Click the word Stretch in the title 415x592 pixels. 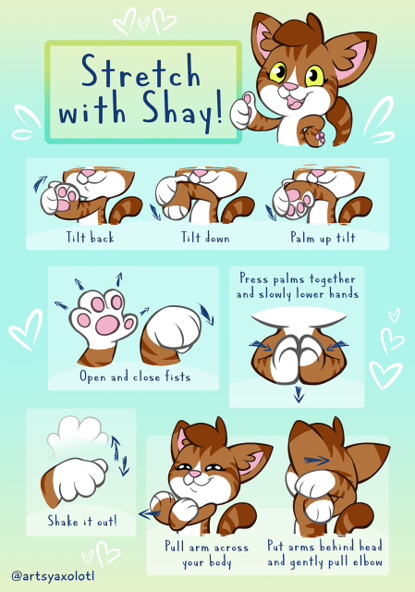coord(140,70)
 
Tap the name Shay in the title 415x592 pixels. coord(177,110)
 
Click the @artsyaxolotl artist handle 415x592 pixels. coord(53,575)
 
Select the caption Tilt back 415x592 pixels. coord(90,238)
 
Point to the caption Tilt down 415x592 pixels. coord(205,238)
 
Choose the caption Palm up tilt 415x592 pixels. coord(323,238)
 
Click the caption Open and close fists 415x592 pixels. coord(135,376)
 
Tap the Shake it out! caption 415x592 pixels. coord(82,521)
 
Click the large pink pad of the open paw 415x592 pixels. coord(107,325)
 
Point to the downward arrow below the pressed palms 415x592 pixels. coord(299,394)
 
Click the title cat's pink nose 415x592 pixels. coord(289,87)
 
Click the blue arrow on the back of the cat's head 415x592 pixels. coord(316,461)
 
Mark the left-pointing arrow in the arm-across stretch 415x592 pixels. coord(150,513)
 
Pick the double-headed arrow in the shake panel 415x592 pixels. coord(120,455)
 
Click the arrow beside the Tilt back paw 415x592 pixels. coord(40,183)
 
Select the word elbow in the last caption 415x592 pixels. coord(368,561)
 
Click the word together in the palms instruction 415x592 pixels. coord(333,279)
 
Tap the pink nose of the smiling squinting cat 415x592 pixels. coord(195,473)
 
